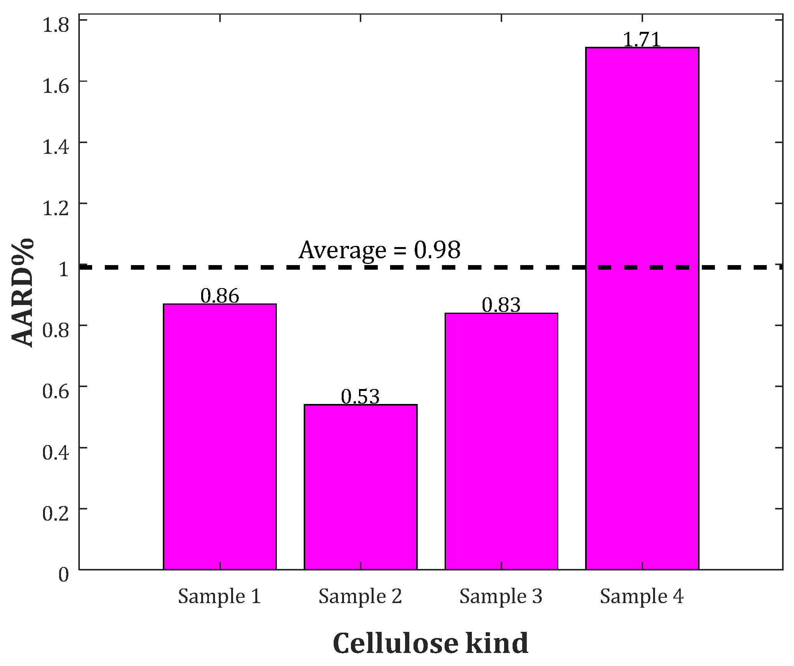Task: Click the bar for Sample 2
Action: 361,487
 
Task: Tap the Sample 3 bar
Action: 501,441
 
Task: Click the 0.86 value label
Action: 220,296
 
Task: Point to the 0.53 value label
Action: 360,397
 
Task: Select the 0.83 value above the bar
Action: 501,305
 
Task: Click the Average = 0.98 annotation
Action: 379,250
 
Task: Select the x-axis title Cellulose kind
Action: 430,643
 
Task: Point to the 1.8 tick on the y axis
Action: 55,25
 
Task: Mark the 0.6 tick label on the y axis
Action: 55,392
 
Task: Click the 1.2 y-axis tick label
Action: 55,208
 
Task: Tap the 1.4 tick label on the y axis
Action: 55,147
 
